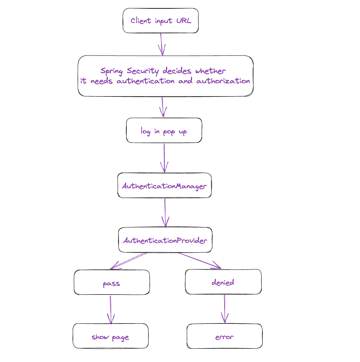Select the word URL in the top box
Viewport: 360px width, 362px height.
184,21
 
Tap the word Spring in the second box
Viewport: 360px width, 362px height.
112,71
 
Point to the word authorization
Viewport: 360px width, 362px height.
223,81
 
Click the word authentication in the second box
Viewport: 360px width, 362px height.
145,81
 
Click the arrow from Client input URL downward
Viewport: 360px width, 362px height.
161,44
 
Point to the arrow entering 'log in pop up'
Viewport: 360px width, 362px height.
163,107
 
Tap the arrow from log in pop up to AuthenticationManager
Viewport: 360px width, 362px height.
164,158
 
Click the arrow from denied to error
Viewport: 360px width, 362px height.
224,309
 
